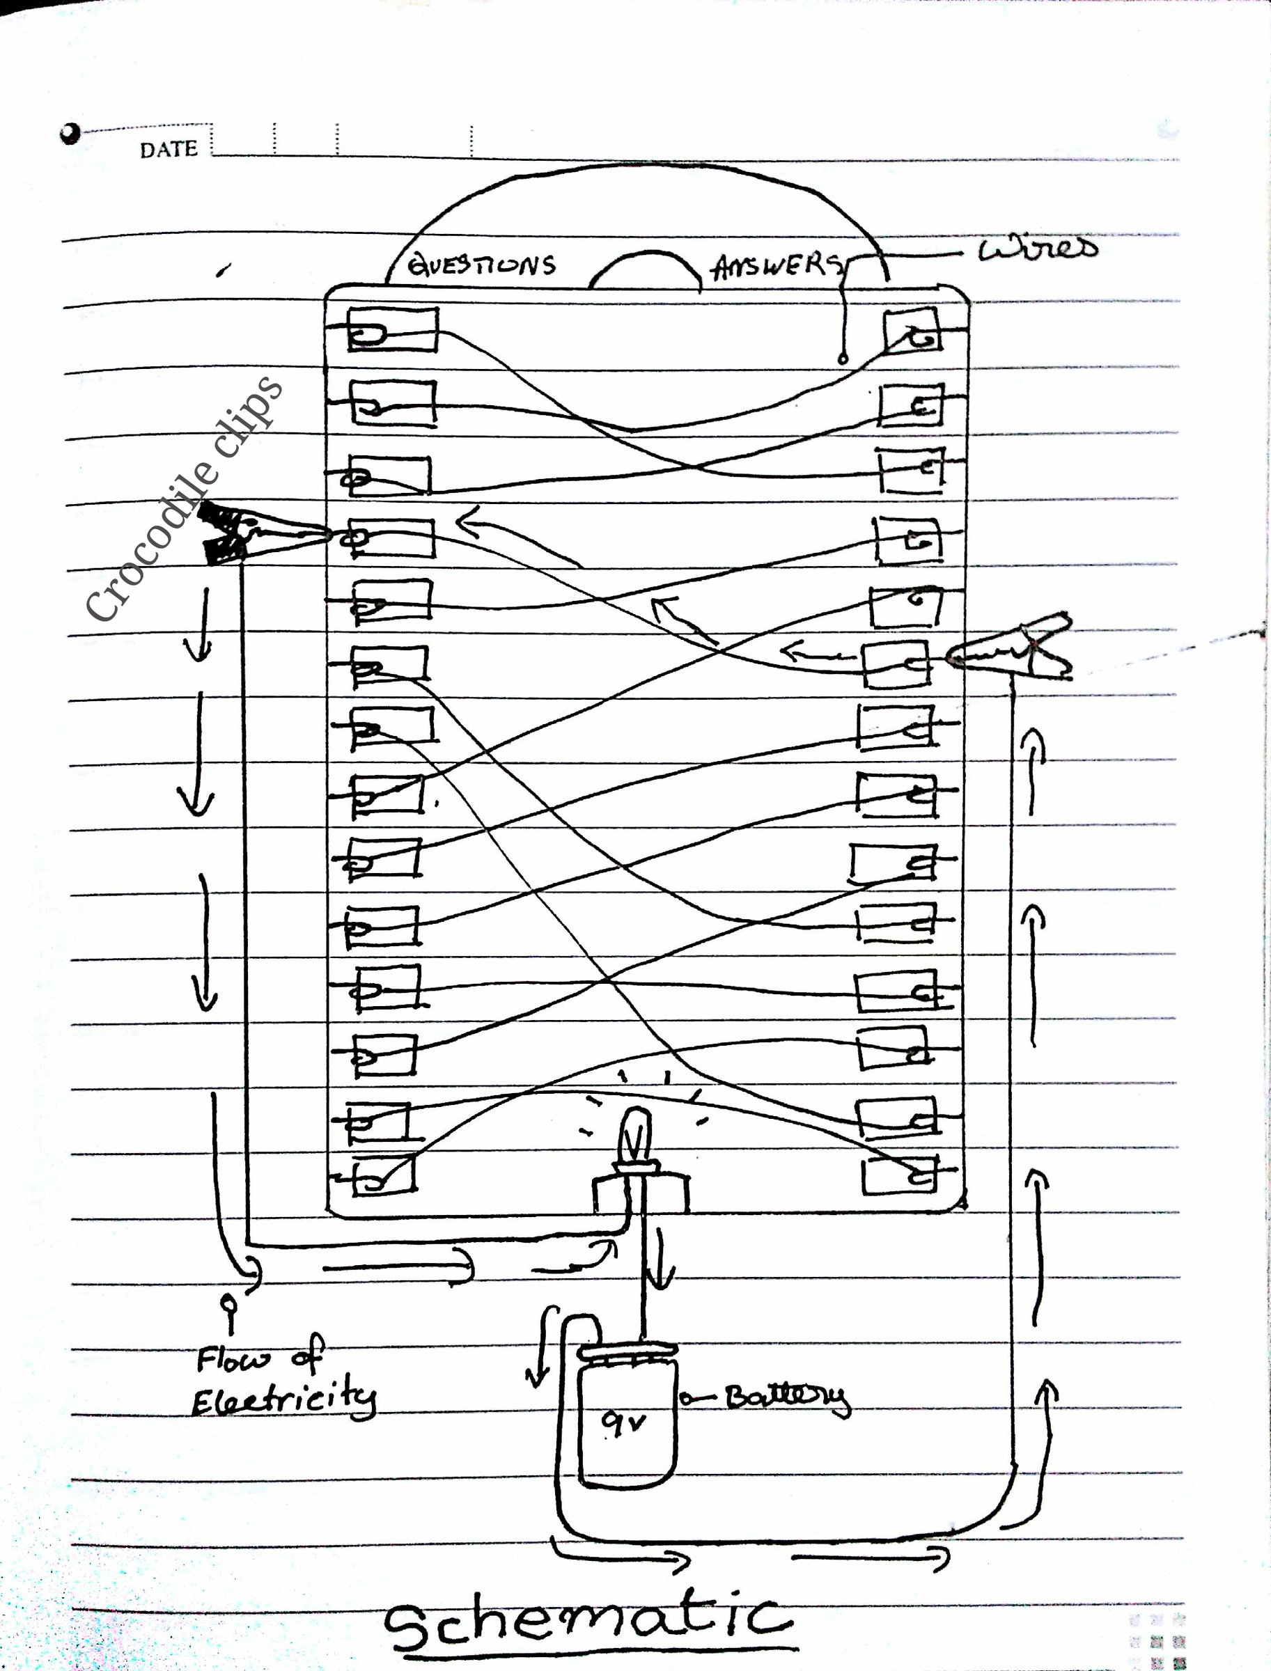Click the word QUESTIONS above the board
pos(482,265)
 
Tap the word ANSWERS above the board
pos(777,266)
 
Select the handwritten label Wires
pos(1037,247)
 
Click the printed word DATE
pos(168,149)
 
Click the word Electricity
pos(283,1398)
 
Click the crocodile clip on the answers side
pos(1010,646)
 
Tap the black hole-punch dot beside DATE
pos(70,134)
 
